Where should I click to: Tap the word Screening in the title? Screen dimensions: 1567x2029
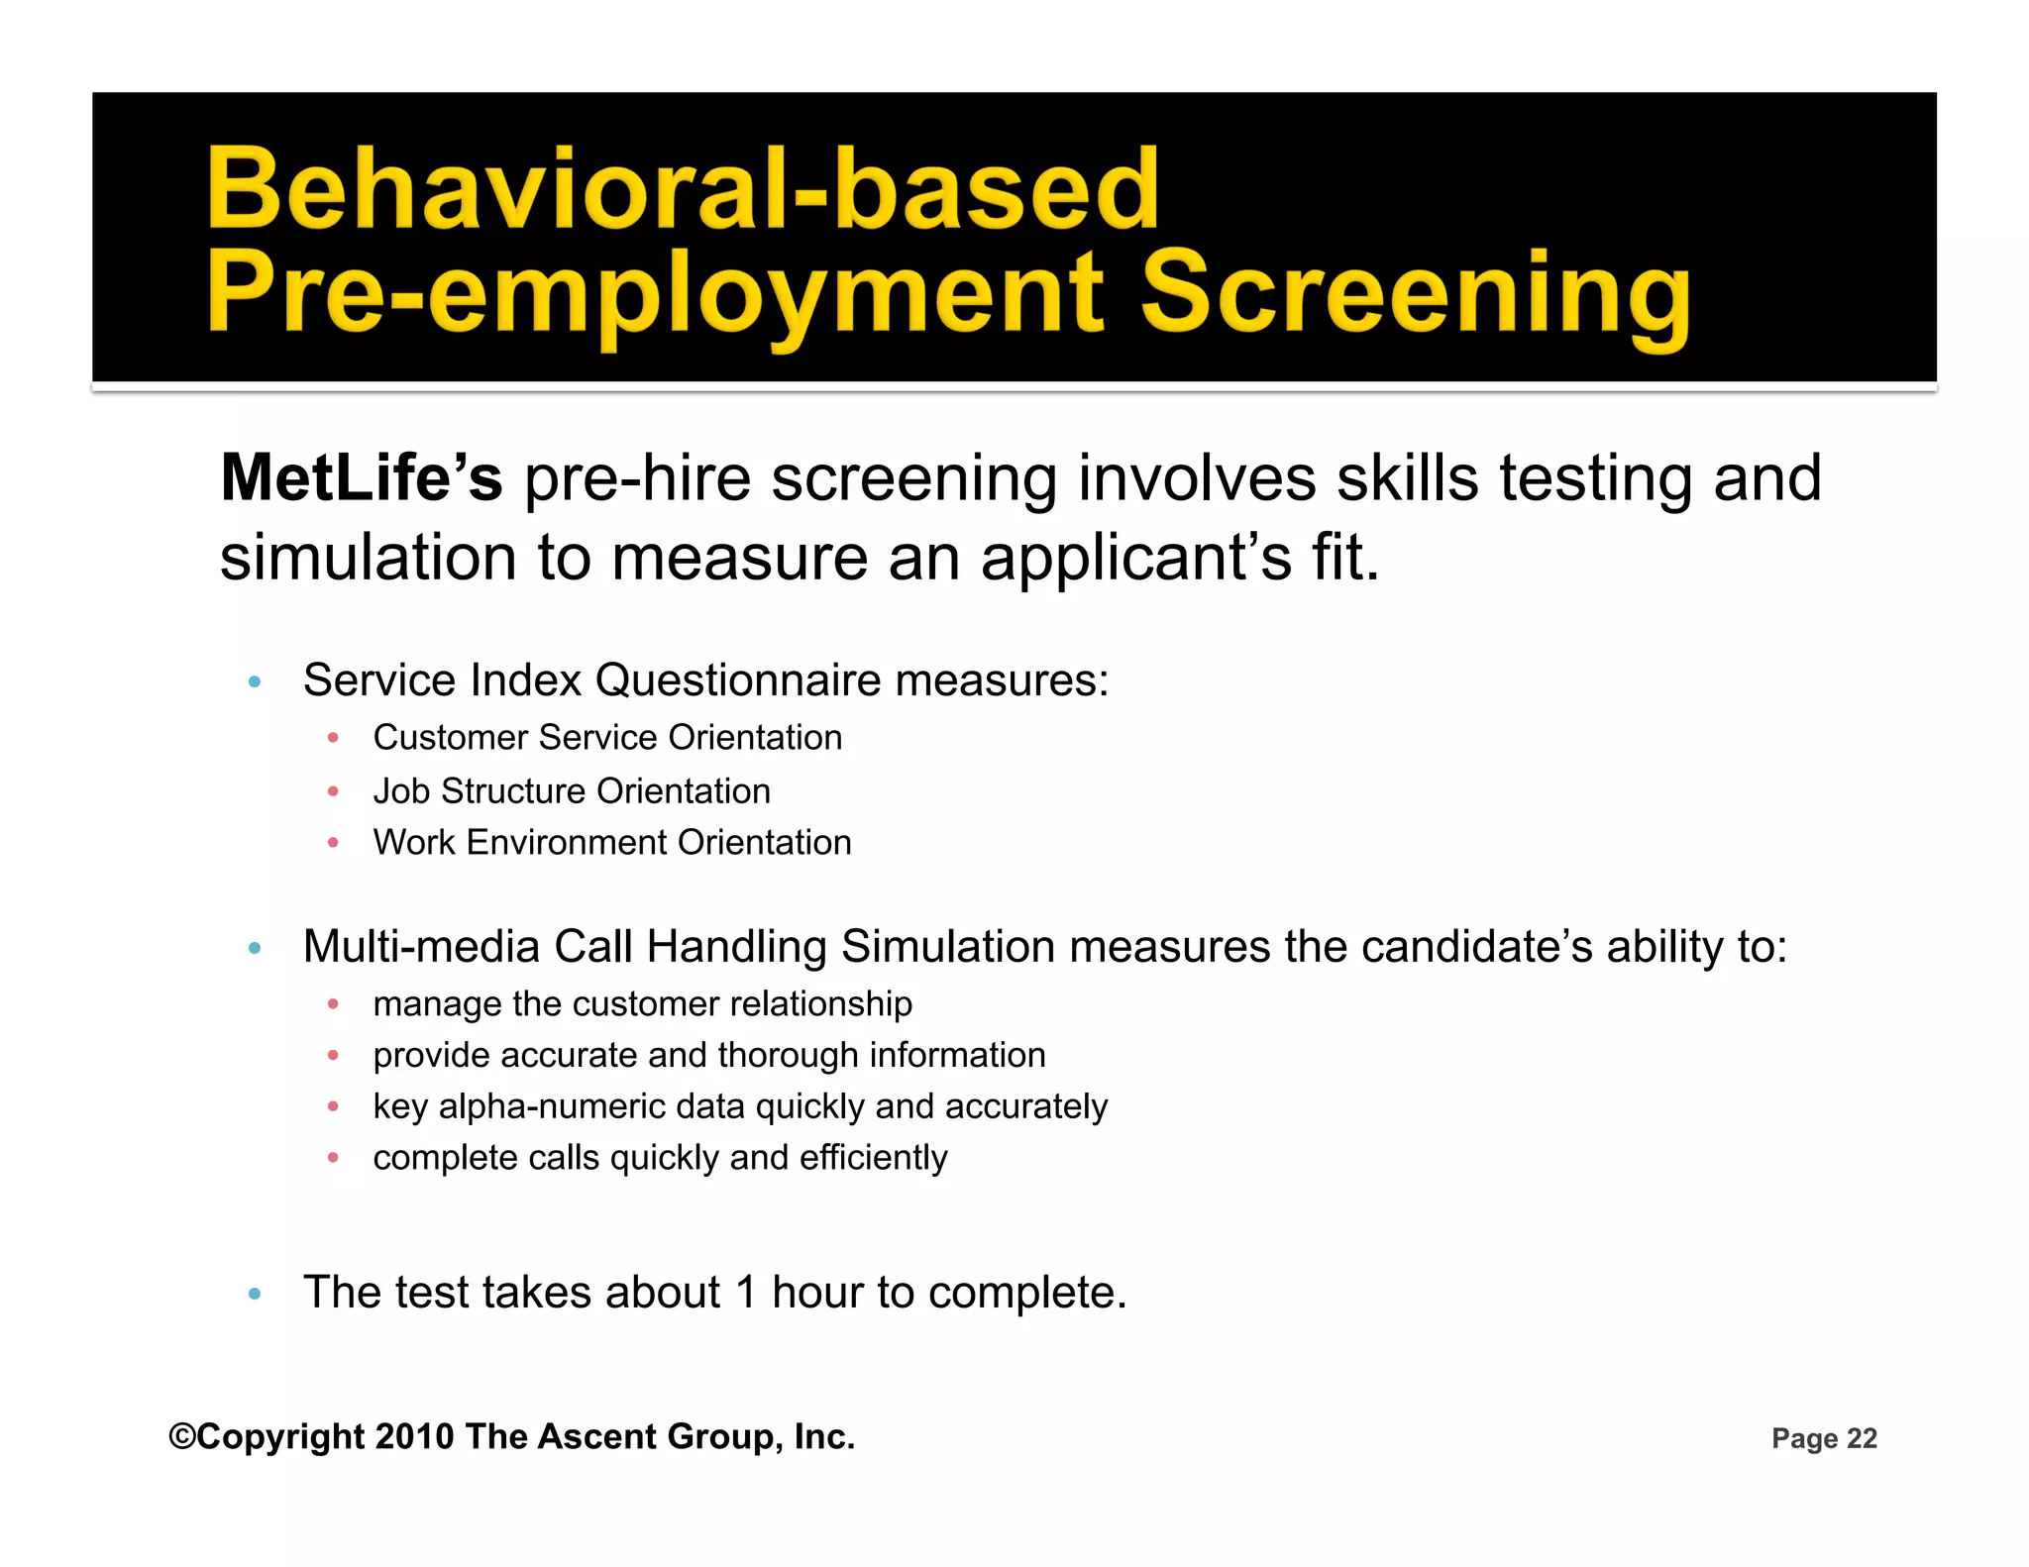1415,293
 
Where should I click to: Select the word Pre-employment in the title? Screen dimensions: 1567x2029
655,293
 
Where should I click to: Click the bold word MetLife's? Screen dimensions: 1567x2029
362,478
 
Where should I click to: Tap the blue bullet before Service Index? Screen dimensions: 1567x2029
255,681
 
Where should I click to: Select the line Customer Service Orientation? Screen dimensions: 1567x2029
607,738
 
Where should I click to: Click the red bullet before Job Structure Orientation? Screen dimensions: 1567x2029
334,791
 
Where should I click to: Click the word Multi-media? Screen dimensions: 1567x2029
421,947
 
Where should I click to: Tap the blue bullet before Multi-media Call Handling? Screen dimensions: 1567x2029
255,948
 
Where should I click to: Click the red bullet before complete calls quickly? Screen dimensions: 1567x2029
334,1157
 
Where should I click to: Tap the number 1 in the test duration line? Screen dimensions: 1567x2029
745,1293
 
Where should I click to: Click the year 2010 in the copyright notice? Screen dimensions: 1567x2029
415,1436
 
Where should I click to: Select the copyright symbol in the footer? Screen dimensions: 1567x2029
182,1436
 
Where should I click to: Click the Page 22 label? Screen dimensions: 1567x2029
1824,1438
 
